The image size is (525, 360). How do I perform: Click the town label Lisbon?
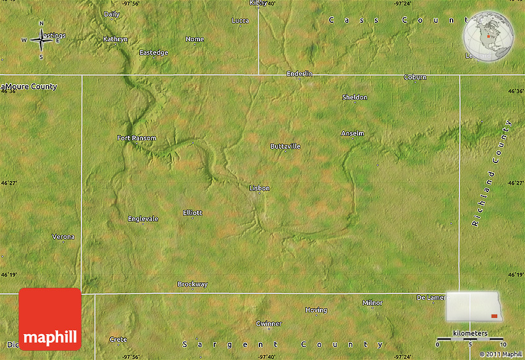coord(259,188)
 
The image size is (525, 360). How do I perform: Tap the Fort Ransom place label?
coord(136,138)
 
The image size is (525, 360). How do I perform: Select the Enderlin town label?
coord(300,73)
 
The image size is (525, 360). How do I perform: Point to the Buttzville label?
coord(285,146)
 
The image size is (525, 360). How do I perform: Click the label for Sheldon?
coord(355,97)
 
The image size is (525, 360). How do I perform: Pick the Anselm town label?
coord(353,133)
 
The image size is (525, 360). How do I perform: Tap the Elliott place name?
coord(192,212)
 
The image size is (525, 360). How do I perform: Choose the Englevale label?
coord(143,219)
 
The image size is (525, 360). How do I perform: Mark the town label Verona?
coord(63,237)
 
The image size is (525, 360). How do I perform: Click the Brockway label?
coord(193,284)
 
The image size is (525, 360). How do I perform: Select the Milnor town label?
coord(372,303)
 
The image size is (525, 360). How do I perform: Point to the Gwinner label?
coord(269,323)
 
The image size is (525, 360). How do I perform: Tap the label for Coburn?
coord(415,77)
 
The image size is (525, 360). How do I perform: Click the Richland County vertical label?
coord(492,174)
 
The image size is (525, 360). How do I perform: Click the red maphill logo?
coord(50,319)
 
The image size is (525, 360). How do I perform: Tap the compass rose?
coord(41,40)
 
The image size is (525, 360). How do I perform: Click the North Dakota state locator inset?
coord(474,307)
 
